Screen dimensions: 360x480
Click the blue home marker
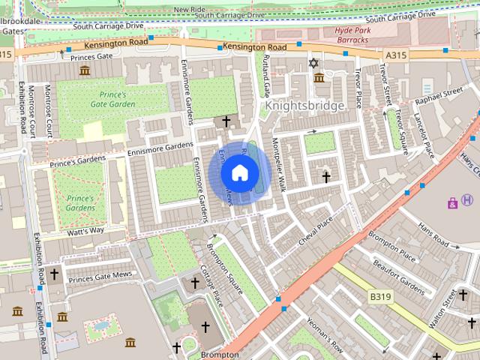pyautogui.click(x=238, y=172)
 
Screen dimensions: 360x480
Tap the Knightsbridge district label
pyautogui.click(x=304, y=106)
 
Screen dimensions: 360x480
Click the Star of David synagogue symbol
pyautogui.click(x=314, y=64)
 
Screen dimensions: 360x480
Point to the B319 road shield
pyautogui.click(x=380, y=298)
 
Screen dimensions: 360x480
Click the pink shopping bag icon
pyautogui.click(x=452, y=202)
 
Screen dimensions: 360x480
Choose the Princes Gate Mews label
pyautogui.click(x=100, y=276)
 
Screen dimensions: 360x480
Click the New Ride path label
pyautogui.click(x=189, y=9)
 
